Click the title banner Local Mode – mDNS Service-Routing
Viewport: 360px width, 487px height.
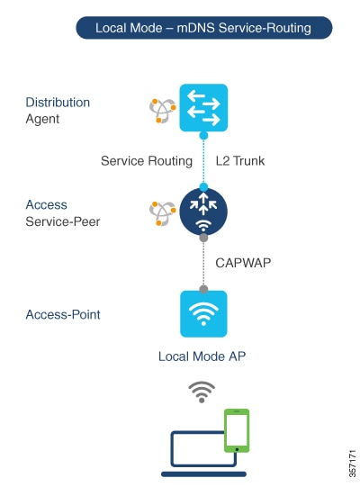click(x=204, y=28)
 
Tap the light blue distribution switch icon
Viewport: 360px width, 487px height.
click(x=203, y=107)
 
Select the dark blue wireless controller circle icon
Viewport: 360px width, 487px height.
click(x=203, y=212)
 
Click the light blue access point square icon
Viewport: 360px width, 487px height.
click(x=203, y=313)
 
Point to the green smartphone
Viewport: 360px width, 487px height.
click(x=237, y=430)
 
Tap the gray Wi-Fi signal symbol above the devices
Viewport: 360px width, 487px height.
click(x=202, y=392)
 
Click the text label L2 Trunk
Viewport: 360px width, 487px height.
click(x=240, y=161)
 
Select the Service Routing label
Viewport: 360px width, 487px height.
click(x=147, y=161)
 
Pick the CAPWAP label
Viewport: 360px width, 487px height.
click(x=243, y=263)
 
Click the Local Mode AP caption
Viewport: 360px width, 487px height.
click(x=202, y=356)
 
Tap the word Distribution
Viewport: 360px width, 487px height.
click(x=58, y=103)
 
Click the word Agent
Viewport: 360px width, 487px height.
click(x=42, y=119)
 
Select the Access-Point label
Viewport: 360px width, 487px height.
click(x=63, y=314)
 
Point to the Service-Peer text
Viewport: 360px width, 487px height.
click(x=63, y=221)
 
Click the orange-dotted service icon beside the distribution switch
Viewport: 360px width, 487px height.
click(x=163, y=111)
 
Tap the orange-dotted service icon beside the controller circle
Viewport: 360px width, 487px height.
click(x=163, y=213)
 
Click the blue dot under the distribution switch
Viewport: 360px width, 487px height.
click(x=203, y=135)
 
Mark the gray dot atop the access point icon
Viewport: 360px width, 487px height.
click(x=203, y=290)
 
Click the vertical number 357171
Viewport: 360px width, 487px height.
click(x=352, y=463)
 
